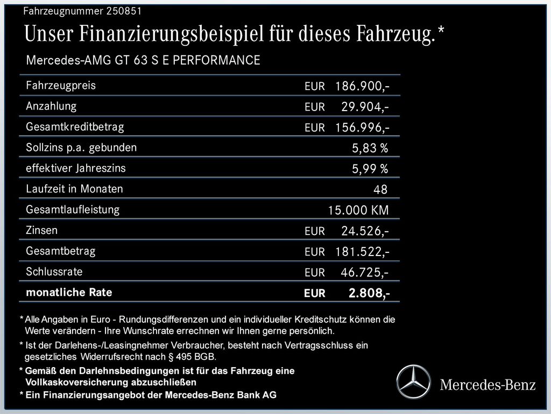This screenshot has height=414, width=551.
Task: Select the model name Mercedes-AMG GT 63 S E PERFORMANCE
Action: point(143,60)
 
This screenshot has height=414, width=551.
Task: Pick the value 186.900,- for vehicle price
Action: point(362,86)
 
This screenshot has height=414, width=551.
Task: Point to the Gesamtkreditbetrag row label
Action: point(75,127)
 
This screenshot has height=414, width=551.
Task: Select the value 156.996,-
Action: point(362,127)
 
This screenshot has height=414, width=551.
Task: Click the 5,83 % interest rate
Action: point(370,148)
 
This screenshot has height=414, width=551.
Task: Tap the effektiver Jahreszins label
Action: point(76,168)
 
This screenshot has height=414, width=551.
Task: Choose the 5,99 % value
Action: point(370,169)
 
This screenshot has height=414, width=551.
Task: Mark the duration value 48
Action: point(380,189)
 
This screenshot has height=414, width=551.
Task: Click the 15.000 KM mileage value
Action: point(358,210)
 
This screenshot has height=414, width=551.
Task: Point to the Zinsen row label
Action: point(41,230)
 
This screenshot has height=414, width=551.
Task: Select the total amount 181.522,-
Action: point(362,252)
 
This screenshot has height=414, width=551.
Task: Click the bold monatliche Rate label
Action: point(69,293)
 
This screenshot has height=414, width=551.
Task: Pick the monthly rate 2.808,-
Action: point(369,293)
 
